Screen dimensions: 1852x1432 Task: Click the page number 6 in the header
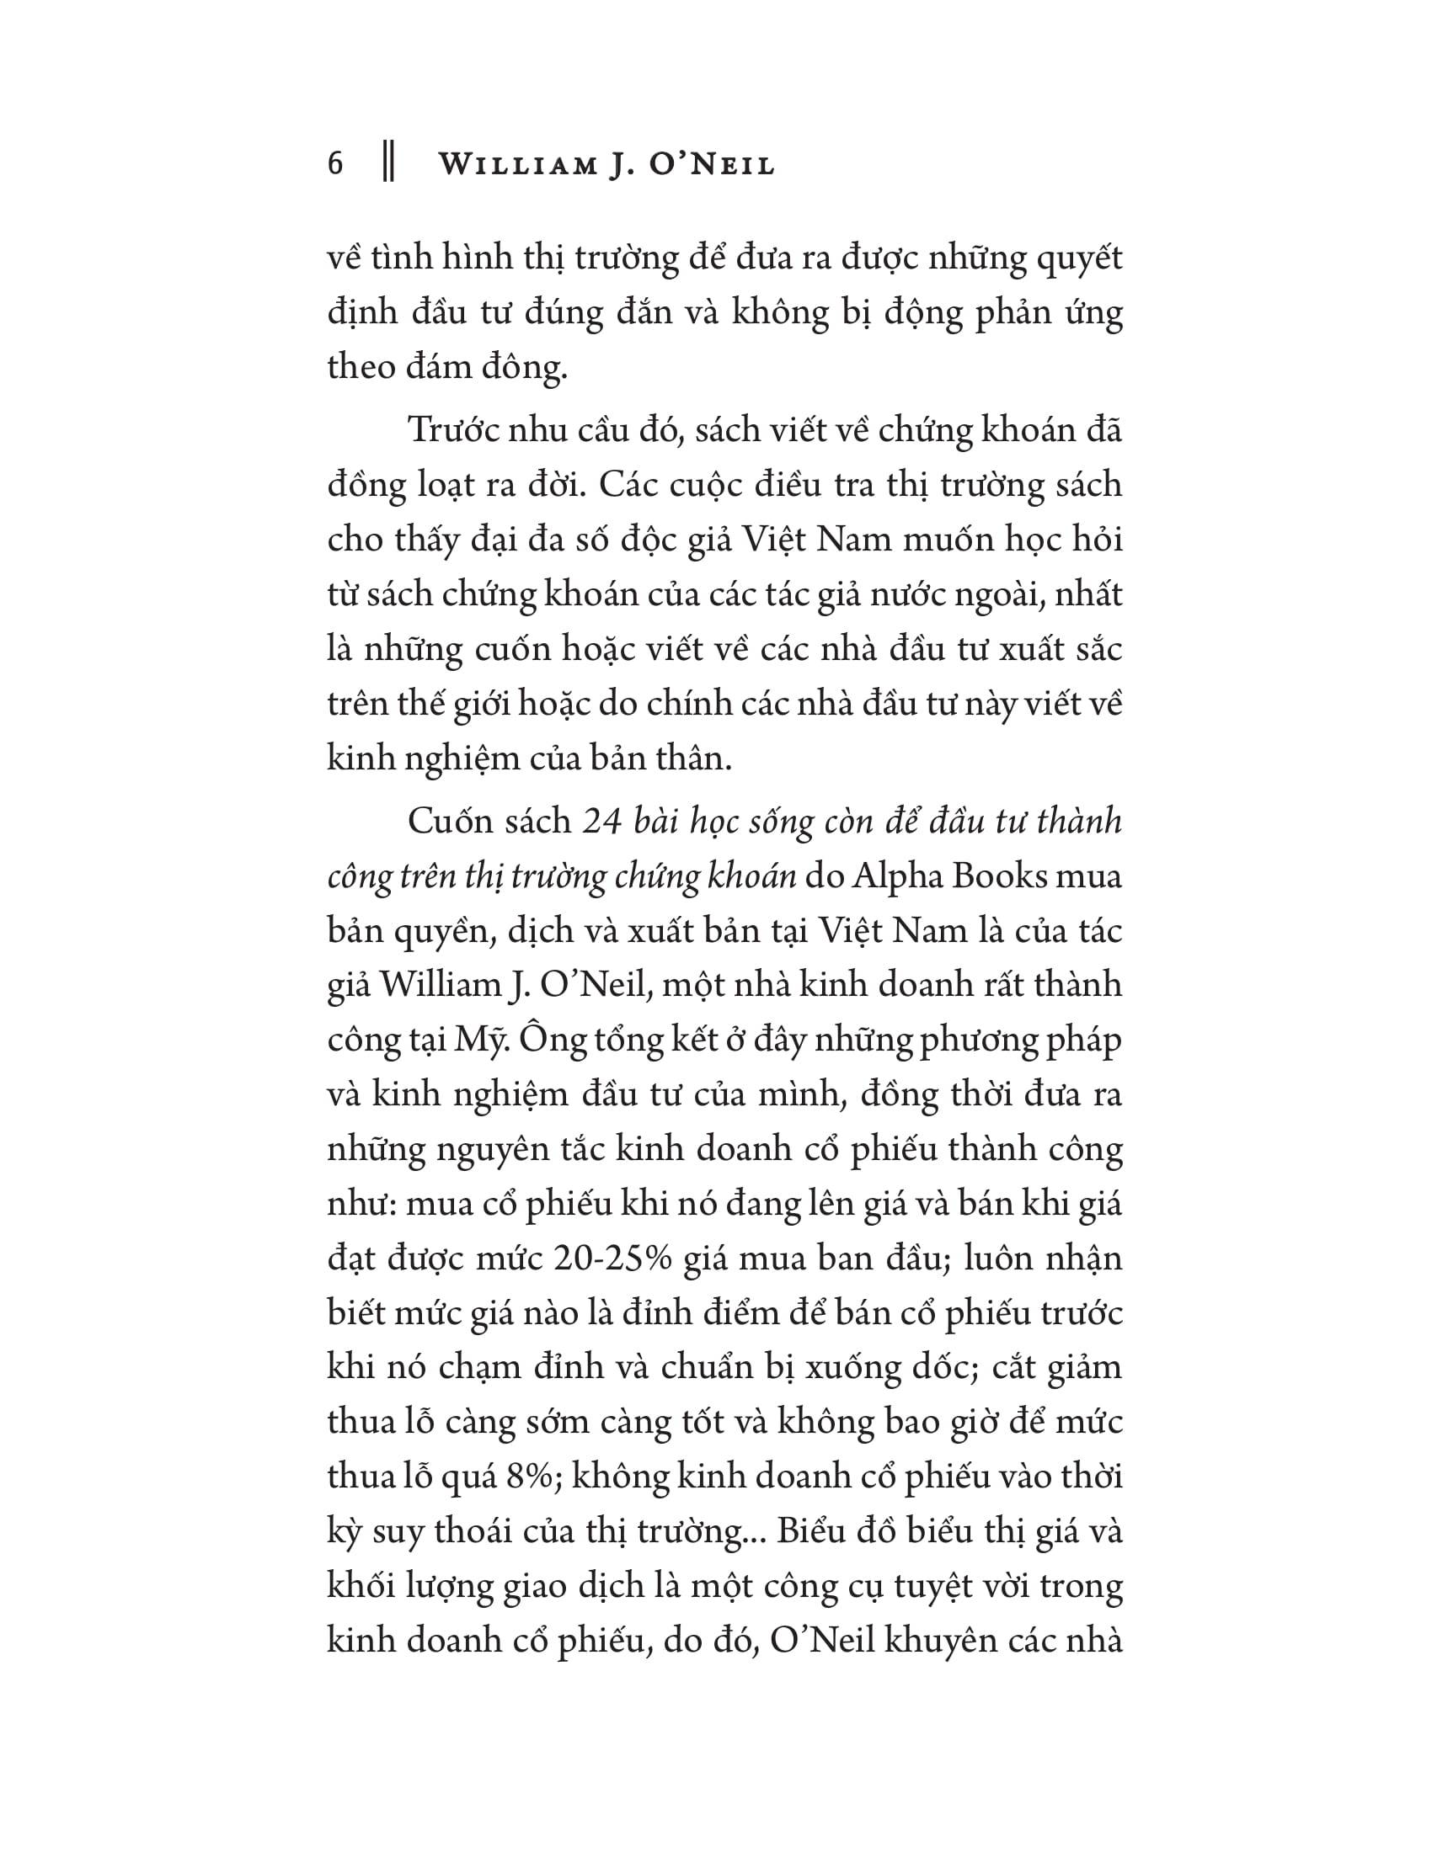coord(336,162)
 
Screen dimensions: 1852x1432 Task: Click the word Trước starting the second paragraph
coord(452,430)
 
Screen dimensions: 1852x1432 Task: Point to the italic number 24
coord(602,821)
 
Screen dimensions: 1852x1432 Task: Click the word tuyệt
coord(952,1586)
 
